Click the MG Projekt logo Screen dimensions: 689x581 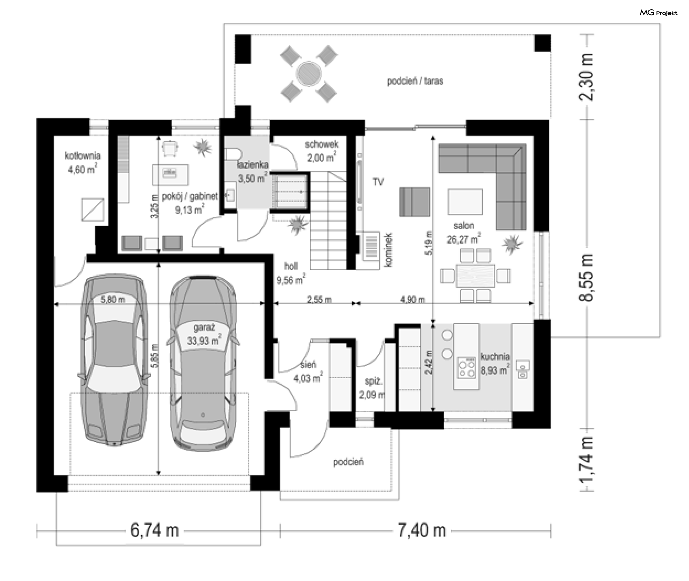(658, 13)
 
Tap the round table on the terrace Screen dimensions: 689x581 (308, 74)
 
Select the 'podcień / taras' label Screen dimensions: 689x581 (415, 81)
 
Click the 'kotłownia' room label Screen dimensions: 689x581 (83, 156)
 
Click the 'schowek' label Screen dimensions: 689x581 (322, 144)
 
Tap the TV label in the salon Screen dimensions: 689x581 (378, 182)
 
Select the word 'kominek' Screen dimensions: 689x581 (389, 249)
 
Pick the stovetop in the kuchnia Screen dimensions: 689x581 (467, 367)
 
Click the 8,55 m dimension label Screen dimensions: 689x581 (586, 278)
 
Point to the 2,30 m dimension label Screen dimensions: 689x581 (586, 78)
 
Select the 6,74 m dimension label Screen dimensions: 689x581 (155, 530)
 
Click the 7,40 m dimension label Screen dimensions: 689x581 (422, 530)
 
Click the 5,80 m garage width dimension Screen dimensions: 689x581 (113, 299)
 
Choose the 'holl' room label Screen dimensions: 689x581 (291, 266)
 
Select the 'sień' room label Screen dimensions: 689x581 (308, 365)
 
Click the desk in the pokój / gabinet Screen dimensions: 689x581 (170, 175)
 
